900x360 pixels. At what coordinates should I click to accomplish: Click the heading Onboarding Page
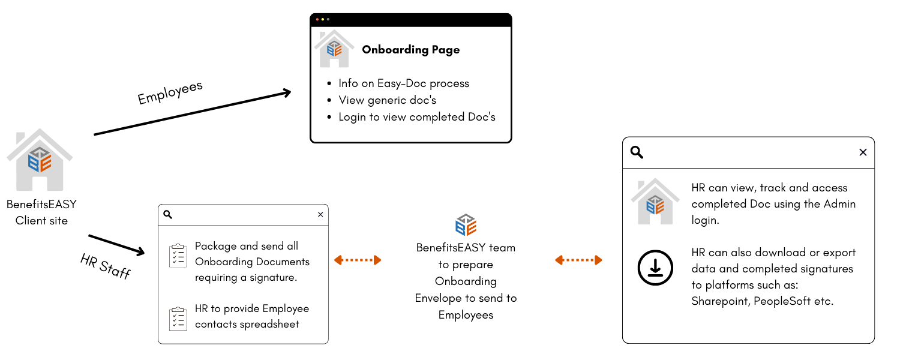coord(411,50)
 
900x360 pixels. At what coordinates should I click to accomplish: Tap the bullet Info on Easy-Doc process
coord(404,83)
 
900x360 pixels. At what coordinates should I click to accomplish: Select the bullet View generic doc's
coord(387,100)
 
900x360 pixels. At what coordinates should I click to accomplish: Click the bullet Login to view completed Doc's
coord(417,117)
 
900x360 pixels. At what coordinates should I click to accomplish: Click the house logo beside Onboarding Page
coord(334,49)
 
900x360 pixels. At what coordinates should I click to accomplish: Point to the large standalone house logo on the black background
coord(40,160)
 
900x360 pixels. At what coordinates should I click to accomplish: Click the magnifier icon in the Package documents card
coord(168,215)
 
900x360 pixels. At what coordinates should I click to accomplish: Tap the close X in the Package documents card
coord(320,215)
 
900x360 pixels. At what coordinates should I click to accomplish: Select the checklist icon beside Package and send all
coord(178,256)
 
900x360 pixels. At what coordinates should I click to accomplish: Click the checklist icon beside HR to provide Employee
coord(178,319)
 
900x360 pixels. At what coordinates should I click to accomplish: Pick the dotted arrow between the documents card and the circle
coord(358,260)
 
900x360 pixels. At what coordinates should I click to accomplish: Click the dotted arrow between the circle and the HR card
coord(578,260)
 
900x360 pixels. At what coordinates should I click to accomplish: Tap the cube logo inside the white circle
coord(466,225)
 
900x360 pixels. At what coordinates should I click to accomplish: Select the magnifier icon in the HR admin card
coord(637,152)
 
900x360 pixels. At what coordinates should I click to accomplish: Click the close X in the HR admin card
coord(863,152)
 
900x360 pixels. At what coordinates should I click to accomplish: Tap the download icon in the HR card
coord(655,268)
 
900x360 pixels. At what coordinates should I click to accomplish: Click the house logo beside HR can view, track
coord(655,202)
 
